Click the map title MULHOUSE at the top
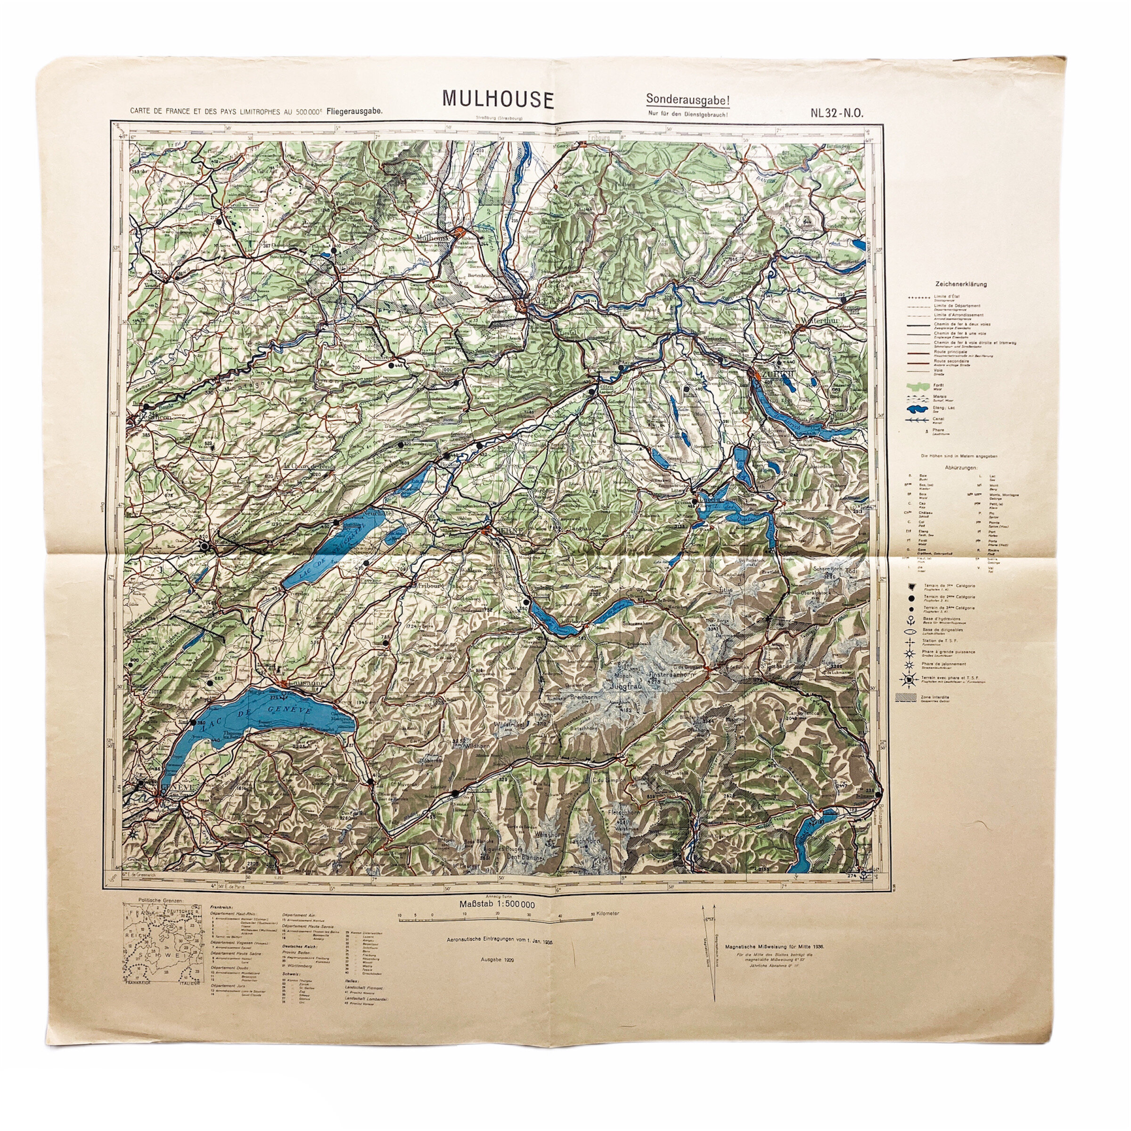coord(498,99)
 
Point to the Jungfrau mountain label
coord(627,684)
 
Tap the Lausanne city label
coord(303,682)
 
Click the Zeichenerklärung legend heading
coord(959,284)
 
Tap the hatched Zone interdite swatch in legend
coord(907,699)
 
